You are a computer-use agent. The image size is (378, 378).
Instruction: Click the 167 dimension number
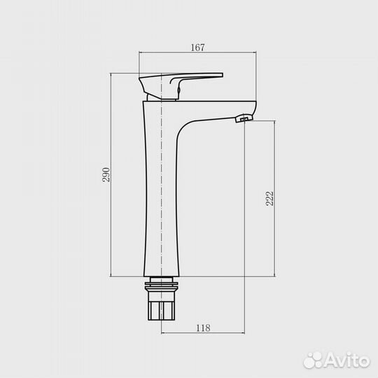(x=197, y=47)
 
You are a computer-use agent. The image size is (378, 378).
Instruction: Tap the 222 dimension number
(x=270, y=198)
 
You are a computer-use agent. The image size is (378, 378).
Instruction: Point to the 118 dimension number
(x=202, y=326)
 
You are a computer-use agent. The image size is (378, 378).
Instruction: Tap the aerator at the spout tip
(x=244, y=120)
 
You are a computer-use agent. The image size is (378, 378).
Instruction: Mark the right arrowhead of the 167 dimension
(x=254, y=53)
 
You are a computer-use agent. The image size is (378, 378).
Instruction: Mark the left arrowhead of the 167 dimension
(x=141, y=53)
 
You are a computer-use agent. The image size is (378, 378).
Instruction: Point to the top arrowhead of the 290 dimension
(x=113, y=73)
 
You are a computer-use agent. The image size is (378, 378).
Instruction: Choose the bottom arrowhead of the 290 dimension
(x=113, y=275)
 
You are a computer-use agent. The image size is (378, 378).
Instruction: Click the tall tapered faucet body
(x=160, y=203)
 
